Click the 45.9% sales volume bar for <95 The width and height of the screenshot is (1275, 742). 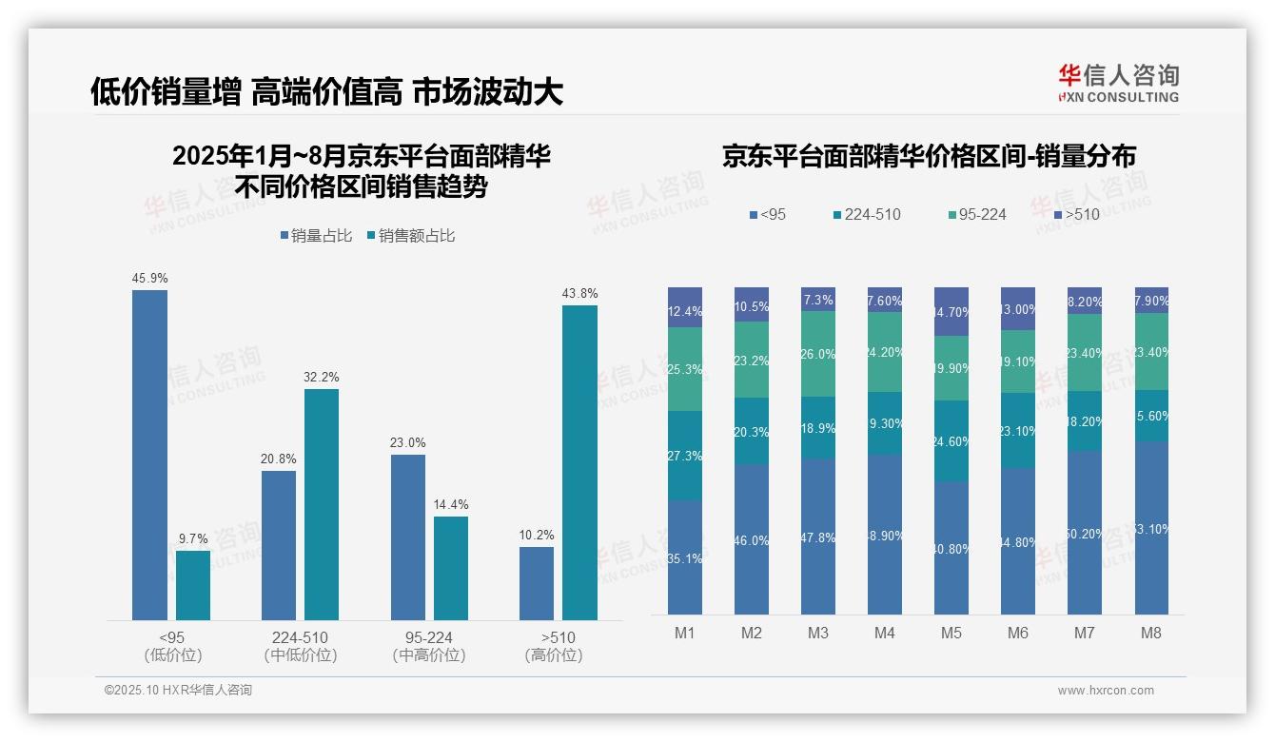pyautogui.click(x=149, y=455)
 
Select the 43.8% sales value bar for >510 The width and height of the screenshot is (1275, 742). pyautogui.click(x=579, y=462)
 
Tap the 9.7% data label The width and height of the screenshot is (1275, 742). pyautogui.click(x=192, y=538)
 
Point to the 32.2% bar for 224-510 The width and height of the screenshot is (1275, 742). pyautogui.click(x=322, y=504)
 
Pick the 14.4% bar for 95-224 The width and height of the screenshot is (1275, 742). pyautogui.click(x=451, y=568)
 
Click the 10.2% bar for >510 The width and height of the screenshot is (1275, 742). pyautogui.click(x=537, y=583)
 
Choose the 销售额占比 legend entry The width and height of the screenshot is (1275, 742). pyautogui.click(x=410, y=236)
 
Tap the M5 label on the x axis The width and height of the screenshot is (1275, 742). pyautogui.click(x=951, y=633)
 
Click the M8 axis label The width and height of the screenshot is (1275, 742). pyautogui.click(x=1151, y=633)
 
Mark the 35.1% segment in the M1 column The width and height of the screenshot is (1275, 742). pyautogui.click(x=685, y=557)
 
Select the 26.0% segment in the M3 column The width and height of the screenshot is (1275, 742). pyautogui.click(x=818, y=354)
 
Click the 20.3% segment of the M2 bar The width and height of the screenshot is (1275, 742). pyautogui.click(x=752, y=431)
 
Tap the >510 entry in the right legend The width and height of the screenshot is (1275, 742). pyautogui.click(x=1077, y=215)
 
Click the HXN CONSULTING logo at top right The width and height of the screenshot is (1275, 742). pyautogui.click(x=1119, y=83)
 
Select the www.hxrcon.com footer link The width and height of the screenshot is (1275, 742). pyautogui.click(x=1106, y=691)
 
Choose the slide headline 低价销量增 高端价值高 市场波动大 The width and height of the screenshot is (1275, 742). pyautogui.click(x=327, y=92)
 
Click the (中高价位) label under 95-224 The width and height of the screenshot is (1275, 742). pyautogui.click(x=428, y=655)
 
